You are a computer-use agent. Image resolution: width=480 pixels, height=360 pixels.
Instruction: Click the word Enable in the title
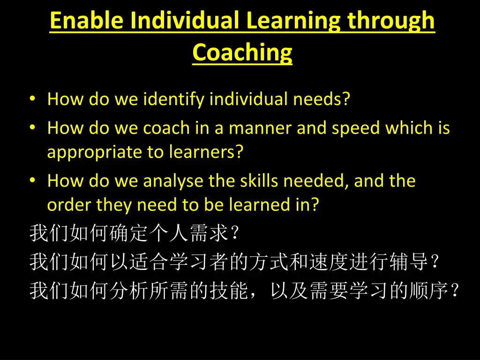click(88, 21)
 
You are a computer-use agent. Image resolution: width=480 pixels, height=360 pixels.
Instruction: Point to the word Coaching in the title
click(242, 52)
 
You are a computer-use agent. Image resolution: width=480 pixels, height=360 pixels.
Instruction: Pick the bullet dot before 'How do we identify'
click(32, 99)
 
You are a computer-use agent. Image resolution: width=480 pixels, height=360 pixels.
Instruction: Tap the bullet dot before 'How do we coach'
click(32, 128)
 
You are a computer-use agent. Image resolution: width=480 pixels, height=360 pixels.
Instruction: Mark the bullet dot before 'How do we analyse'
click(32, 181)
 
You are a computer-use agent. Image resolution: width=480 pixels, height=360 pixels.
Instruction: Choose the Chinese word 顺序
click(429, 291)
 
